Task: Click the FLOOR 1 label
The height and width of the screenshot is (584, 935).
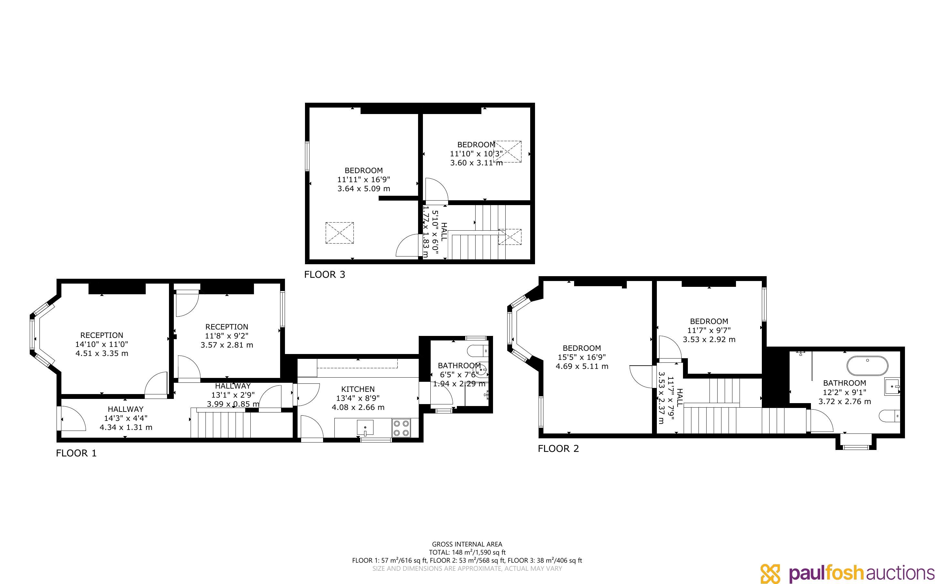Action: [x=76, y=453]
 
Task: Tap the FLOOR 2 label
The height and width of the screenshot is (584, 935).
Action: [x=559, y=448]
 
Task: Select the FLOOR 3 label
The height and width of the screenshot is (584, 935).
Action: [x=324, y=275]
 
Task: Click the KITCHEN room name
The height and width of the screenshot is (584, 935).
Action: [x=358, y=389]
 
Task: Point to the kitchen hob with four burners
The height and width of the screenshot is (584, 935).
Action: [x=401, y=428]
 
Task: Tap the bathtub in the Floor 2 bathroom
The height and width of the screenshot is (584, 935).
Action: [x=867, y=366]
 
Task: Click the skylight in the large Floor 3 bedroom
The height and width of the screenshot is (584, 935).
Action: [x=340, y=233]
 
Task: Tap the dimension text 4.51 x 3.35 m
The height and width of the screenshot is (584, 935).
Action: [x=102, y=353]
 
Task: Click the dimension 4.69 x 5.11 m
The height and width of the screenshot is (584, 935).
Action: [x=582, y=366]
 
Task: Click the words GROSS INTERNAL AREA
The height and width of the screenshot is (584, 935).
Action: [x=467, y=545]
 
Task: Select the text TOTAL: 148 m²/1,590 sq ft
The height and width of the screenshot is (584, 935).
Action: [x=467, y=552]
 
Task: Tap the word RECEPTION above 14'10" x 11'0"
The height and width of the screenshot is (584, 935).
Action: [x=102, y=335]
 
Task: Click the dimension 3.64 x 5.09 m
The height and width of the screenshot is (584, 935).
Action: [x=364, y=189]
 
